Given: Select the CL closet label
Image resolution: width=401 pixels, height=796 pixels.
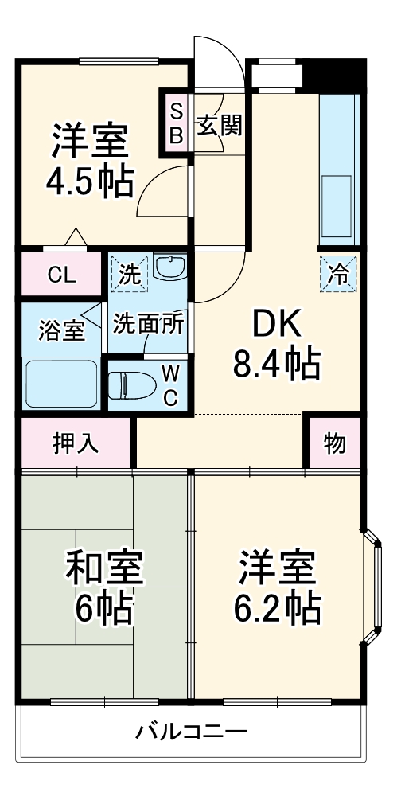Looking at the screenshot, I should (61, 276).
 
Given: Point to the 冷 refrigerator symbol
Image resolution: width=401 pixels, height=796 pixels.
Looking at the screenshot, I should (339, 275).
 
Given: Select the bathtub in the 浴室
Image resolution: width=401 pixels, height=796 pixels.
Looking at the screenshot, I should (60, 385).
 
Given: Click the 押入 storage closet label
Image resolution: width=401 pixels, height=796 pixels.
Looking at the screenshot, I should (76, 443).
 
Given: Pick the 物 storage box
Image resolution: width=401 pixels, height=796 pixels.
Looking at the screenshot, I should (335, 443).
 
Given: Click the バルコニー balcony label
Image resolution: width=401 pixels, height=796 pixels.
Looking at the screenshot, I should (191, 731).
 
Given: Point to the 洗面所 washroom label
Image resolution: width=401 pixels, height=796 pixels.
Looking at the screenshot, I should (149, 324).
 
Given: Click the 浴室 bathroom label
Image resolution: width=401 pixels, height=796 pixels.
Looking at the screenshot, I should (60, 330).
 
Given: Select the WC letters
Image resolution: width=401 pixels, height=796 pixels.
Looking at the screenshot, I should (170, 386).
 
